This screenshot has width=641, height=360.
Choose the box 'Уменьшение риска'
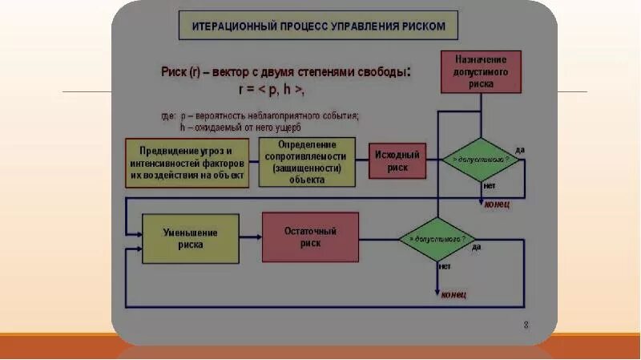191,238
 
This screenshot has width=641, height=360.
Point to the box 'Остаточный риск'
310,237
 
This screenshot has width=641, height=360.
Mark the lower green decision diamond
437,239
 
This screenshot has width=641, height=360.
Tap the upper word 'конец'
496,204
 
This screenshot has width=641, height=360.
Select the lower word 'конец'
453,294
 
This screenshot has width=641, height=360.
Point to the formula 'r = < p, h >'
272,89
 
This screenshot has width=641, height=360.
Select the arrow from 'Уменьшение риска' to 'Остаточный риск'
251,237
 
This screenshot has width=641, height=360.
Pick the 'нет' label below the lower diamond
444,265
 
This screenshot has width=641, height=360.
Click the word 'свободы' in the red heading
376,72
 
